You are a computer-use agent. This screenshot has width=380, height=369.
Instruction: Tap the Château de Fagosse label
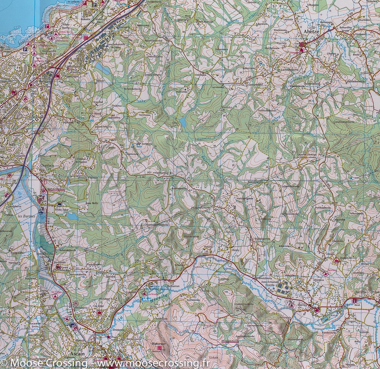click(x=81, y=160)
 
